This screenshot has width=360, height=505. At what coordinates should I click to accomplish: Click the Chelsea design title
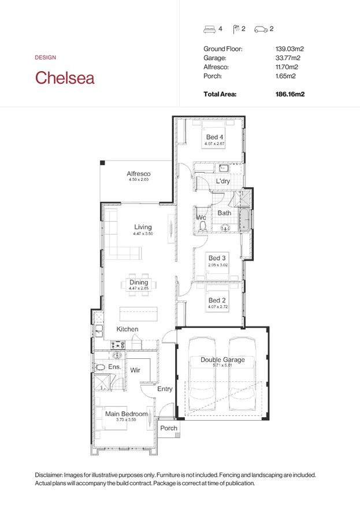[x=65, y=77]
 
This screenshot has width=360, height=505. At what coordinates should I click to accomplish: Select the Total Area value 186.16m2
[x=290, y=94]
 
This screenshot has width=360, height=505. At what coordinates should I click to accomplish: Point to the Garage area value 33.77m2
[x=288, y=58]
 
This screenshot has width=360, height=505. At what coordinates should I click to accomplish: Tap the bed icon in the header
[x=209, y=29]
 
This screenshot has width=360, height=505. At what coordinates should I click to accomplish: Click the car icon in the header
[x=261, y=29]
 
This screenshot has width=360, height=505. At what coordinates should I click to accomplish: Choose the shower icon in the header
[x=236, y=29]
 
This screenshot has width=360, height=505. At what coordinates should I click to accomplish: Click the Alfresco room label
[x=139, y=173]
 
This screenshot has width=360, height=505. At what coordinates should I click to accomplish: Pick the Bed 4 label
[x=214, y=137]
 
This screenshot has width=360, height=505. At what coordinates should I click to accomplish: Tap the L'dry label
[x=223, y=181]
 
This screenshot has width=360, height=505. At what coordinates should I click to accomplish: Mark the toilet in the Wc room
[x=203, y=226]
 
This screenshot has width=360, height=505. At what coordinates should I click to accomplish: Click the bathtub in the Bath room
[x=245, y=220]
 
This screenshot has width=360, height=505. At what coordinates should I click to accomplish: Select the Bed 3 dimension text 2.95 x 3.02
[x=218, y=265]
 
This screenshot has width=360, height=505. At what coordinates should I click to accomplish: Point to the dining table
[x=139, y=285]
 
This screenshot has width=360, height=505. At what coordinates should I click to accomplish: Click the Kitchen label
[x=127, y=329]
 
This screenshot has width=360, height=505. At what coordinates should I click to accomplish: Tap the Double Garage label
[x=222, y=360]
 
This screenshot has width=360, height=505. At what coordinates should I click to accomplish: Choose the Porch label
[x=169, y=428]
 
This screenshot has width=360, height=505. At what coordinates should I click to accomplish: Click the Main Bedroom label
[x=126, y=414]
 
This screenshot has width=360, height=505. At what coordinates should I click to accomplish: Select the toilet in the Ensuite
[x=100, y=367]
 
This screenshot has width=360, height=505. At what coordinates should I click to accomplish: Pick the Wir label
[x=135, y=370]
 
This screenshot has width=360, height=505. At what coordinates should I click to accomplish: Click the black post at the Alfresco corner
[x=102, y=162]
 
